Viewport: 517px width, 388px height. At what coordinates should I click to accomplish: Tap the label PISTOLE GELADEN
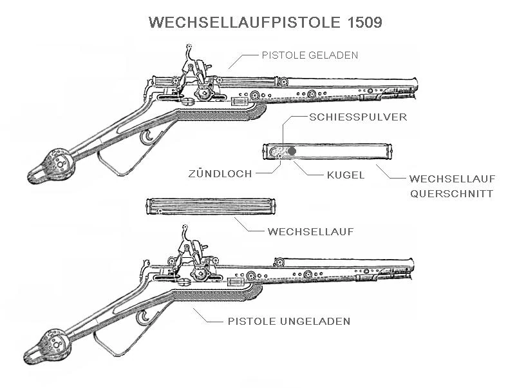click(310, 55)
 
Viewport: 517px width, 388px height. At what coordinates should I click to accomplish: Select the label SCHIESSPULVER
click(358, 117)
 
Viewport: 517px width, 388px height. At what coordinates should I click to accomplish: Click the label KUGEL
click(346, 174)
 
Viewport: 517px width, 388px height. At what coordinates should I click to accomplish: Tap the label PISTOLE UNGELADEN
click(289, 320)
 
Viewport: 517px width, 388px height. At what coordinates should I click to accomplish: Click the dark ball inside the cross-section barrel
click(292, 151)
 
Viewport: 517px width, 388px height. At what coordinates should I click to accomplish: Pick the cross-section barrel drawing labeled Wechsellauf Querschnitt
click(326, 151)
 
